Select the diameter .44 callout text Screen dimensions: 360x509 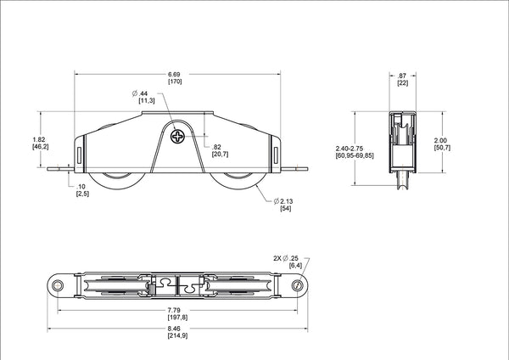coord(145,97)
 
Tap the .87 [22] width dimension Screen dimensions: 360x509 coord(403,78)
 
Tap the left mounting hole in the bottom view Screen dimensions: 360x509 coord(57,286)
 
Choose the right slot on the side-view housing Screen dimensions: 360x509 coord(276,152)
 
